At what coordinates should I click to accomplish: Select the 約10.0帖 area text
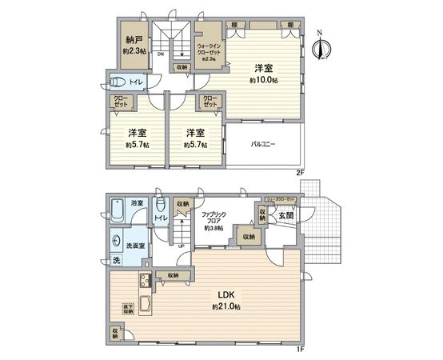coord(263,82)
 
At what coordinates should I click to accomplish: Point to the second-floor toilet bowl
coord(118,81)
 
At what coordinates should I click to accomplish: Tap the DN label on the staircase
coord(161,54)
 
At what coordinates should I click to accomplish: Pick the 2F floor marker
coord(301,171)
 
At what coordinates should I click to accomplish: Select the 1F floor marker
coord(300,348)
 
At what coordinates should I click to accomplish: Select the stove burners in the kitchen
coord(146,282)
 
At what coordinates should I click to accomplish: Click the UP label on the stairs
coord(182,246)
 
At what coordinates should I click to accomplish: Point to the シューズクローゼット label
coord(280,198)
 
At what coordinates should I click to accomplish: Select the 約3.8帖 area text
coord(216,228)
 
